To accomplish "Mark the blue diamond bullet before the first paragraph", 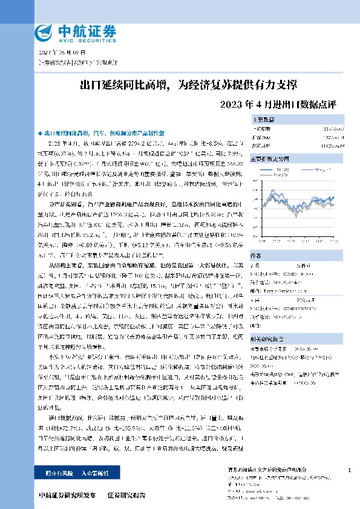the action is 40,132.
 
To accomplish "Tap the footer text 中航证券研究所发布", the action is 66,494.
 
